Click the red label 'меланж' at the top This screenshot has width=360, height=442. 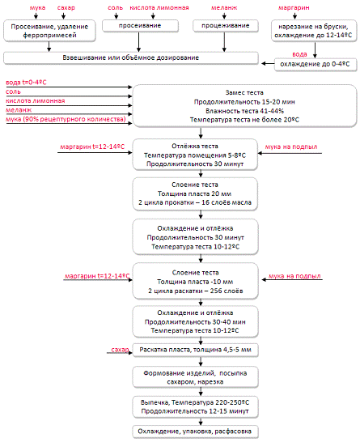[x=224, y=7]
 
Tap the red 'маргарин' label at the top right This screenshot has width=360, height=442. [x=294, y=7]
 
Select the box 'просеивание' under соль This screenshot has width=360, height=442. [x=140, y=26]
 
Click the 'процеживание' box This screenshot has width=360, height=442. [x=226, y=26]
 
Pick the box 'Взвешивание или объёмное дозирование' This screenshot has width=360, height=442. [x=131, y=57]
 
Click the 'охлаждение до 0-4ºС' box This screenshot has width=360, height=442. [x=316, y=64]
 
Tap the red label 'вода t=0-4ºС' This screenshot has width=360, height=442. [x=26, y=83]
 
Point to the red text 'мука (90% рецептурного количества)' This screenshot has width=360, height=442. [x=66, y=119]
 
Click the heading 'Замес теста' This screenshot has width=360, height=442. [x=244, y=92]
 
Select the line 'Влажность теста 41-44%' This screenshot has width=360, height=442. [x=244, y=111]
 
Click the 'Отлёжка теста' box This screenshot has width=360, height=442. [x=195, y=155]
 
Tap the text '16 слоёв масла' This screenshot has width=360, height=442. [x=227, y=202]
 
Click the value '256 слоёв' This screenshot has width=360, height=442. [x=227, y=291]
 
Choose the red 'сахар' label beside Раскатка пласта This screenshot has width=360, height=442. [x=120, y=350]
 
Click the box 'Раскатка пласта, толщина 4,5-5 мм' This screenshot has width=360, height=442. [x=195, y=350]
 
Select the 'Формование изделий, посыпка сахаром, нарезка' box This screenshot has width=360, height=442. [x=195, y=377]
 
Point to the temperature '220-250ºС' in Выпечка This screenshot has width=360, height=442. [x=232, y=402]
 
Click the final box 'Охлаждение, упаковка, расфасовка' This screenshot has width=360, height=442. [x=195, y=431]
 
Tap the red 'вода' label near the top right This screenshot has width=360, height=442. [x=299, y=54]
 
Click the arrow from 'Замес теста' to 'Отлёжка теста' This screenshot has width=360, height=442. [x=201, y=133]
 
